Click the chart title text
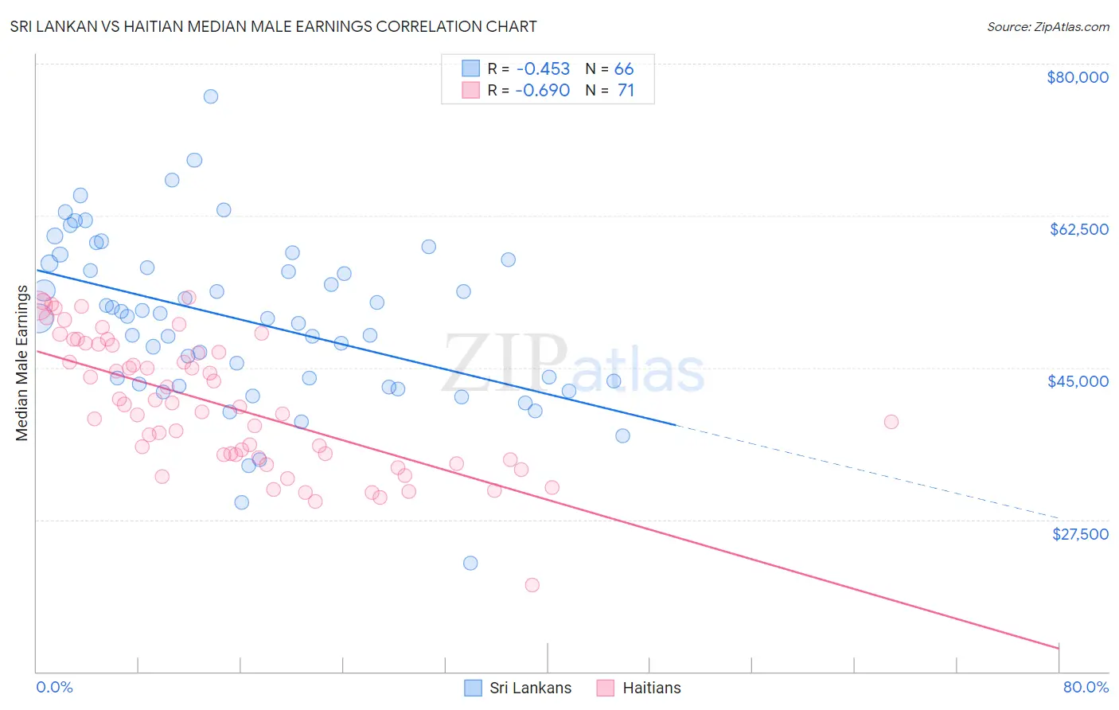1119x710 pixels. pos(273,26)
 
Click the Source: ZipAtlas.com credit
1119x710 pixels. pos(1047,26)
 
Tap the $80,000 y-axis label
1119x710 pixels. pos(1077,77)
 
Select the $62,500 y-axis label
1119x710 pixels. pos(1078,229)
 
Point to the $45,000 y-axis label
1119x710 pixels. pos(1078,381)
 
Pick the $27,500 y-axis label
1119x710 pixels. pos(1079,533)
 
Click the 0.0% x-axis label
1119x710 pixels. pos(54,687)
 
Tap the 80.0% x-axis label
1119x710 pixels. pos(1086,687)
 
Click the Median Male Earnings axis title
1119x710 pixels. pos(21,363)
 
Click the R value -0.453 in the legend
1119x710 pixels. pos(542,68)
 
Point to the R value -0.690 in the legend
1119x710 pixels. pos(542,90)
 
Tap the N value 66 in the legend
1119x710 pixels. pos(624,68)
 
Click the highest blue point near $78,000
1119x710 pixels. pos(211,96)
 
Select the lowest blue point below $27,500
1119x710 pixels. pos(470,563)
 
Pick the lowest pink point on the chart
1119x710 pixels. pos(532,585)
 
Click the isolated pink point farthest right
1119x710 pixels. pos(891,422)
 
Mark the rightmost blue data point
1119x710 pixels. pos(622,435)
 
